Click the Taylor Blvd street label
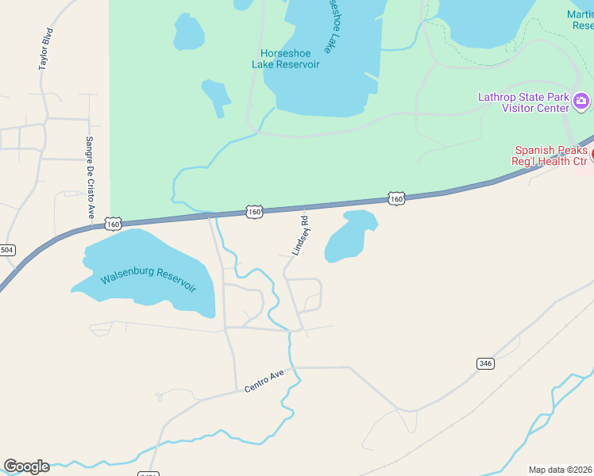click(47, 50)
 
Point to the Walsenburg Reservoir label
click(148, 280)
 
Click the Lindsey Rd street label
click(300, 234)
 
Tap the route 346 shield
click(485, 363)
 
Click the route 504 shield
click(6, 250)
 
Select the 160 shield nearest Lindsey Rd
click(254, 212)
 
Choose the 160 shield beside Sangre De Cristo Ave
click(114, 225)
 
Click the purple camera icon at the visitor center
click(581, 101)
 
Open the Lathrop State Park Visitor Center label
click(523, 102)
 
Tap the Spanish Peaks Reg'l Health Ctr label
click(551, 155)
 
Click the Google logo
click(26, 466)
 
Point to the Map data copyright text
click(561, 470)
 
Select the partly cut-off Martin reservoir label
click(580, 20)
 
